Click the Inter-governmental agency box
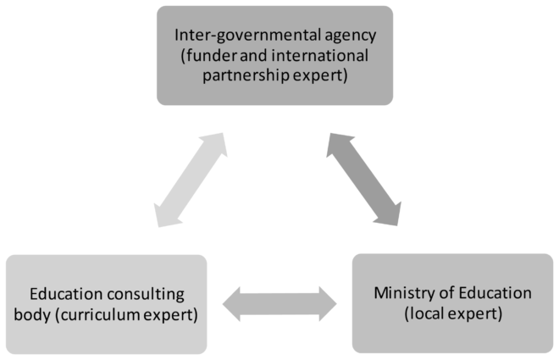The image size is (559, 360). [275, 55]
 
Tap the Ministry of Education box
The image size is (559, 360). [452, 302]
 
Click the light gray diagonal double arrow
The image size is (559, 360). [191, 179]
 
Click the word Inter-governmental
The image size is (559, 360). [230, 37]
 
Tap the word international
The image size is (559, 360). [326, 56]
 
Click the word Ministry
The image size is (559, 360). [399, 294]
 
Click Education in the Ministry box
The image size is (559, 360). [488, 294]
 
